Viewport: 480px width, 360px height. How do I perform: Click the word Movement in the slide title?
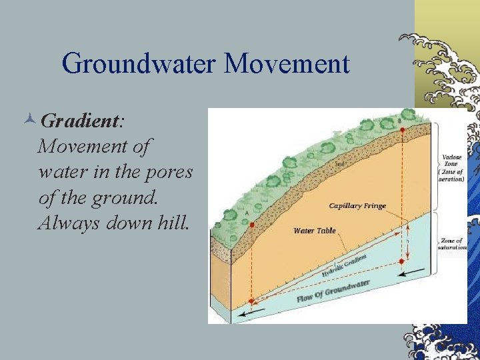pos(287,64)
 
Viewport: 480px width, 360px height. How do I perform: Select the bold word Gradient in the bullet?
pos(79,121)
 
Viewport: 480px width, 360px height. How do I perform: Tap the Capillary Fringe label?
pos(357,205)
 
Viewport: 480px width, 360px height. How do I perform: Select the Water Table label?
pos(315,231)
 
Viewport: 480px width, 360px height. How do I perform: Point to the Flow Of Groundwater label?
pos(333,292)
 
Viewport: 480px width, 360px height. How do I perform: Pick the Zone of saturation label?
pos(451,244)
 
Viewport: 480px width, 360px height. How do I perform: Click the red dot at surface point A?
pos(252,225)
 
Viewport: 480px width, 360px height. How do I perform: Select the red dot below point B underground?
pos(402,261)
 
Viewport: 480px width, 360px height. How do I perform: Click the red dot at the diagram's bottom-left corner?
pos(251,301)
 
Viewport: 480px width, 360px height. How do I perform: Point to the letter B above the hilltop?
pos(400,121)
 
